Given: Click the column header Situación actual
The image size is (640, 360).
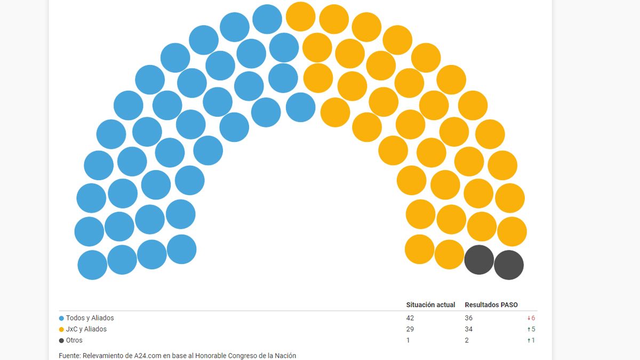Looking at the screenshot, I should (430, 305).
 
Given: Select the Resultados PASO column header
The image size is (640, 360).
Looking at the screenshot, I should (491, 305).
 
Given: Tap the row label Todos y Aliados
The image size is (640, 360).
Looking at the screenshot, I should (90, 318).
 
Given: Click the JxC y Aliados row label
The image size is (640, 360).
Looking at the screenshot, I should (86, 329).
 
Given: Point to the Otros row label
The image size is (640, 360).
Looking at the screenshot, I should (74, 340).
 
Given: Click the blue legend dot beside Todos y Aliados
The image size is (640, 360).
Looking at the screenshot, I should (62, 318).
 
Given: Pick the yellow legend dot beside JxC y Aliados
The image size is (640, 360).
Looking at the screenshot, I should (62, 330).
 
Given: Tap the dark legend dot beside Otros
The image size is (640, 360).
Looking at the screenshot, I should (62, 341).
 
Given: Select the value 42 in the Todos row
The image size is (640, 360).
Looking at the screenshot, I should (410, 318).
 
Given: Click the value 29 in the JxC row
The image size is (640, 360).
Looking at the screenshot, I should (410, 329).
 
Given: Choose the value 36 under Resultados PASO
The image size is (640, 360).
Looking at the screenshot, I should (469, 318).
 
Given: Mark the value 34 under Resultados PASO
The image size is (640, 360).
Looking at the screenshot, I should (469, 329).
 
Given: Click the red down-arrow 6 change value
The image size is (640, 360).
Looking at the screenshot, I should (531, 318).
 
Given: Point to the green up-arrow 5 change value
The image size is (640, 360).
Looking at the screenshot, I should (531, 329).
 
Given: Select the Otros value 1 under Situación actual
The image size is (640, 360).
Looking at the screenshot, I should (408, 340).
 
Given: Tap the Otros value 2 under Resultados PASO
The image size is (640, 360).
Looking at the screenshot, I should (467, 340).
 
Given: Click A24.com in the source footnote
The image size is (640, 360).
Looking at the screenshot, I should (140, 356).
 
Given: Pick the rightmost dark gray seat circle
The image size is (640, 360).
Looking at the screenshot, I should (509, 265).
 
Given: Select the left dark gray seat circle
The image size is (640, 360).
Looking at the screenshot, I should (479, 260).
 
